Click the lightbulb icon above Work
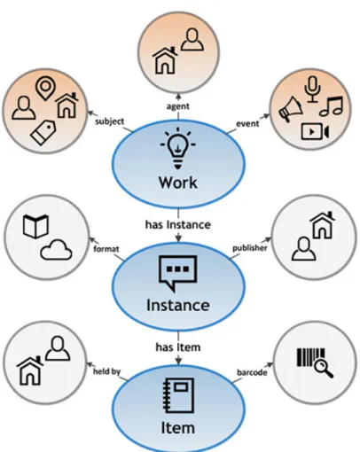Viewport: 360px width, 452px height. coord(178,149)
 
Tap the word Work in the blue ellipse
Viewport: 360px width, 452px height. coord(178,183)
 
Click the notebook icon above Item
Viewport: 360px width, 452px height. coord(178,395)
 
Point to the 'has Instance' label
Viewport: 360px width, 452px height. coord(178,225)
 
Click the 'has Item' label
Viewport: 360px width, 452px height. coord(178,347)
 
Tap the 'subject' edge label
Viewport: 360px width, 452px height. coord(110,121)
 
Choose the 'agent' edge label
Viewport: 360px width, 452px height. coord(178,106)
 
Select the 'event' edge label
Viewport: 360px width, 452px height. coord(247,123)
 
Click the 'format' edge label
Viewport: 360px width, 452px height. coord(106,249)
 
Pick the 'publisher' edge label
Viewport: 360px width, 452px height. coord(250,248)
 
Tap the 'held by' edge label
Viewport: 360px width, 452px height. coord(106,371)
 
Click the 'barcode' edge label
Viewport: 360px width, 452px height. coord(252,372)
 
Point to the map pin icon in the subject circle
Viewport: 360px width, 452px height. coord(45,89)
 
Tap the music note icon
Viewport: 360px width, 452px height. coord(331,105)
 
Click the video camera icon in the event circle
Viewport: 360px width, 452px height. coord(315,132)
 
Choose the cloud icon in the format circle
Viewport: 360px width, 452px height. coord(56,250)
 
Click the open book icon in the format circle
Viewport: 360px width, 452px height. coord(35,226)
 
